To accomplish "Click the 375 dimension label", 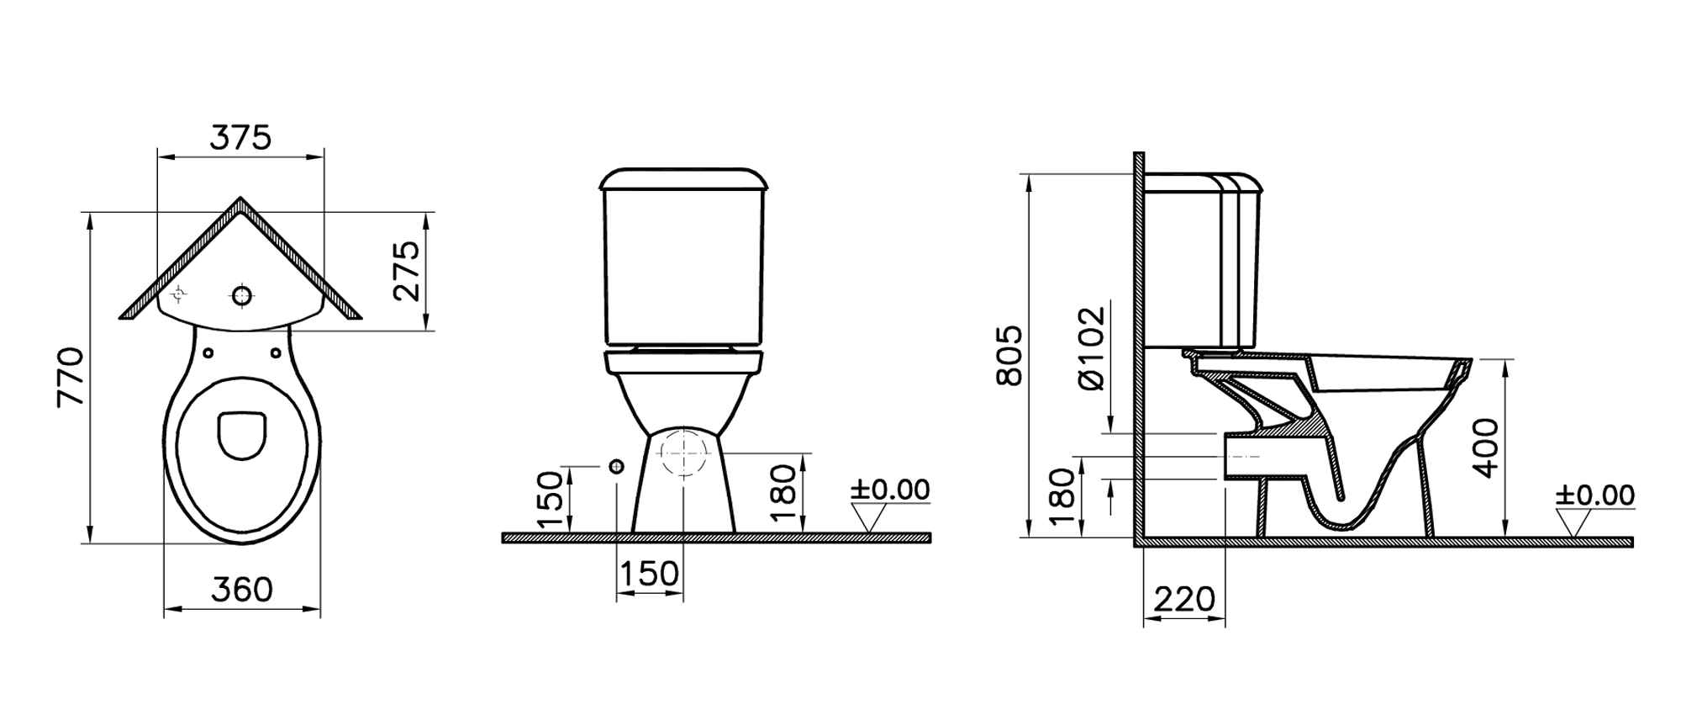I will pyautogui.click(x=240, y=138).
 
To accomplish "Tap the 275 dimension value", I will pyautogui.click(x=407, y=271).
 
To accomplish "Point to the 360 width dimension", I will pyautogui.click(x=242, y=590).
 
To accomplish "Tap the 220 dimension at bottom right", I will pyautogui.click(x=1184, y=599).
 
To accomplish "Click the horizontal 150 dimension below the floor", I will pyautogui.click(x=649, y=574).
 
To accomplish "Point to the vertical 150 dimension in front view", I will pyautogui.click(x=549, y=499).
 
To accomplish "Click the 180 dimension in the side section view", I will pyautogui.click(x=1062, y=496).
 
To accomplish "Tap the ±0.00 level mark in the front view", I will pyautogui.click(x=890, y=490).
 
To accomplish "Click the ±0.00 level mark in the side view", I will pyautogui.click(x=1594, y=495).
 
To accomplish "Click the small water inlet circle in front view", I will pyautogui.click(x=617, y=467).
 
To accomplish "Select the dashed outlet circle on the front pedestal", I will pyautogui.click(x=683, y=452).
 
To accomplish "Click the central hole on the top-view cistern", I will pyautogui.click(x=242, y=295).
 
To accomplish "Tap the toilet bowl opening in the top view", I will pyautogui.click(x=242, y=434).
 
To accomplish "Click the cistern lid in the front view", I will pyautogui.click(x=683, y=179).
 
